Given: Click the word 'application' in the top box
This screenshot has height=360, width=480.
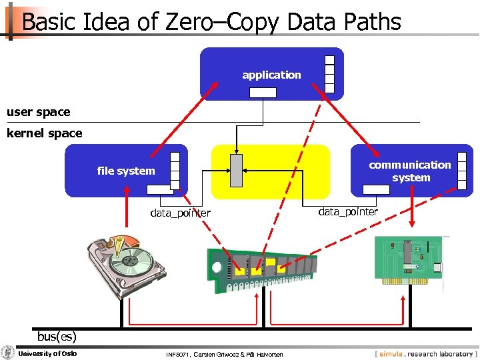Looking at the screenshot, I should [x=271, y=75].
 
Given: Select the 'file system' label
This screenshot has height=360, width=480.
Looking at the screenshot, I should [x=125, y=171].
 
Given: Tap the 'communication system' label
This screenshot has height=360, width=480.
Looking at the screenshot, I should [x=410, y=171].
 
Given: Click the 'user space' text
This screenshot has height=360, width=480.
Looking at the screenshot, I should [x=38, y=111].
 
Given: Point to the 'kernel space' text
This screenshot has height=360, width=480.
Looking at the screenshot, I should [x=44, y=133].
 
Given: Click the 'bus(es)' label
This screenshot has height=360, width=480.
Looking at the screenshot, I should [x=57, y=336].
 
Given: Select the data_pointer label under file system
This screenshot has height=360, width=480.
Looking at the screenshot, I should [x=180, y=213].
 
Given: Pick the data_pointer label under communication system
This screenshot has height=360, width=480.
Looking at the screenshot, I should [x=348, y=211].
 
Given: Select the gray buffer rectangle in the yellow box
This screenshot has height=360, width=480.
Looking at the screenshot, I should [x=236, y=171].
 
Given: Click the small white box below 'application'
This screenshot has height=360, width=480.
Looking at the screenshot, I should [x=263, y=93].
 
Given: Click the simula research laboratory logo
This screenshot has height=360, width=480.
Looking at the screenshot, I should [x=425, y=353].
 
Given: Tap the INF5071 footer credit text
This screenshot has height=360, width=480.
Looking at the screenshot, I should [x=224, y=353].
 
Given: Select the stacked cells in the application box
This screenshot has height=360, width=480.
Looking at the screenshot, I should [x=329, y=73].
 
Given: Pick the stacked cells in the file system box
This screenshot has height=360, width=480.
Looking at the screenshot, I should [x=175, y=171].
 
